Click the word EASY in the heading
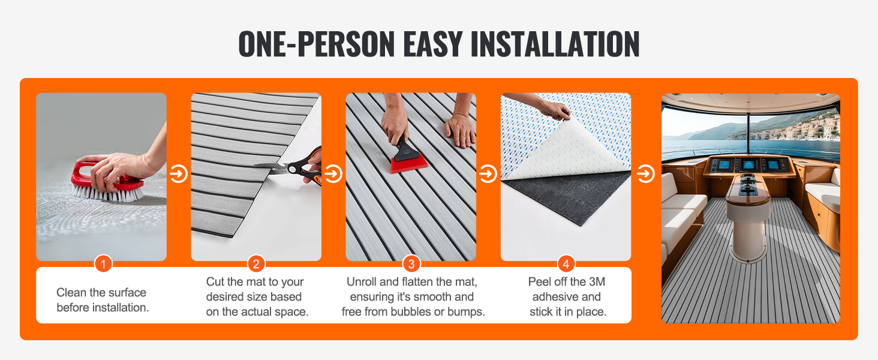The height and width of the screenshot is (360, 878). click(x=433, y=44)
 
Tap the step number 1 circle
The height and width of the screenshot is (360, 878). click(x=104, y=265)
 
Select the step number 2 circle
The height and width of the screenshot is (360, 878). click(x=256, y=265)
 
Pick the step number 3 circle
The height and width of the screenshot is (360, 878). click(x=411, y=265)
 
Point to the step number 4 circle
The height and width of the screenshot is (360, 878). click(x=566, y=265)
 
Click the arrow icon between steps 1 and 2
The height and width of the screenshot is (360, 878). click(x=179, y=174)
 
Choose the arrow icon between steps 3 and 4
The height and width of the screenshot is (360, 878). click(x=488, y=174)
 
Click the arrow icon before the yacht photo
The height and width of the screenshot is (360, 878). click(x=645, y=174)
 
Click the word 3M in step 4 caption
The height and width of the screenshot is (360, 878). click(x=597, y=281)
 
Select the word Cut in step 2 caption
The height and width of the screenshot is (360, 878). click(x=215, y=281)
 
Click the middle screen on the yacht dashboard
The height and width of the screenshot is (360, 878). click(x=748, y=164)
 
